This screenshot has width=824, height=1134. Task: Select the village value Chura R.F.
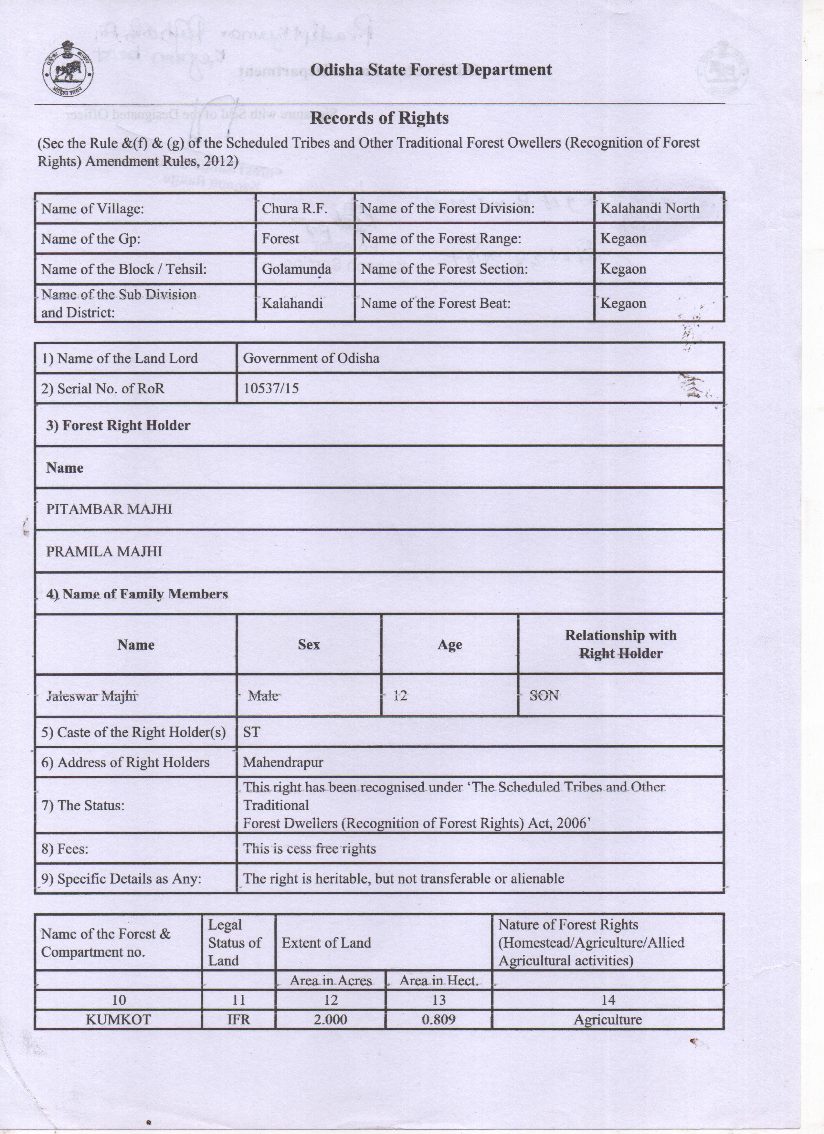pos(294,208)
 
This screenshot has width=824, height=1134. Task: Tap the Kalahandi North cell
pos(650,208)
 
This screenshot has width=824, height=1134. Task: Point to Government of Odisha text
pos(311,358)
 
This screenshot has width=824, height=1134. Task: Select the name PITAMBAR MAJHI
pos(109,509)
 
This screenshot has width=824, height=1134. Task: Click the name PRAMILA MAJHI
pos(104,551)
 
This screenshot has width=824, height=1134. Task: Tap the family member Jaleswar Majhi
pos(91,696)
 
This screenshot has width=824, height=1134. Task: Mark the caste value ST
pos(251,732)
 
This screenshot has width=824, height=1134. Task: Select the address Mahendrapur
pos(283,762)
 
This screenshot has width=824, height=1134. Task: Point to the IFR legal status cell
pos(238,1020)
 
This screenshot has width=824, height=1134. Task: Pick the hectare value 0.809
pos(438,1020)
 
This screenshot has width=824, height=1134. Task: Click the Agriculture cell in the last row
pos(607,1020)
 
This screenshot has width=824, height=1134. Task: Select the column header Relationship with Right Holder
pos(620,645)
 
